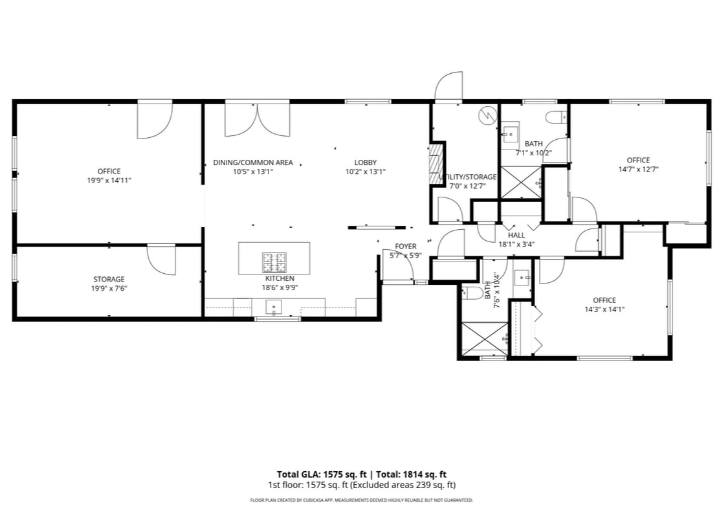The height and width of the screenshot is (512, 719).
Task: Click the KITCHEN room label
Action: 279,278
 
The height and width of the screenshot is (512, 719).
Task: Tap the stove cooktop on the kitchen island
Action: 274,262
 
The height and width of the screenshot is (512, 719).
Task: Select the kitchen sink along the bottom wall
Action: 275,307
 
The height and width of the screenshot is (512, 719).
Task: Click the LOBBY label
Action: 365,162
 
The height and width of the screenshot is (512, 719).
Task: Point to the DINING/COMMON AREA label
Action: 253,162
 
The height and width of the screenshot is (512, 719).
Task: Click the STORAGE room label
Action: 109,280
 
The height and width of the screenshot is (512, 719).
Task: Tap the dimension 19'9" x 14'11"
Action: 109,181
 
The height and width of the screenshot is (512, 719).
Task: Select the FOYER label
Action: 406,247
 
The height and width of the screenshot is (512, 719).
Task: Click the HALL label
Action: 516,236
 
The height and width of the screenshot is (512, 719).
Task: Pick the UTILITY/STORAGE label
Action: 468,177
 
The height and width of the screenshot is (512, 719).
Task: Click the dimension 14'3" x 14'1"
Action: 604,309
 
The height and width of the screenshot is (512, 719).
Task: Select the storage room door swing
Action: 162,260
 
